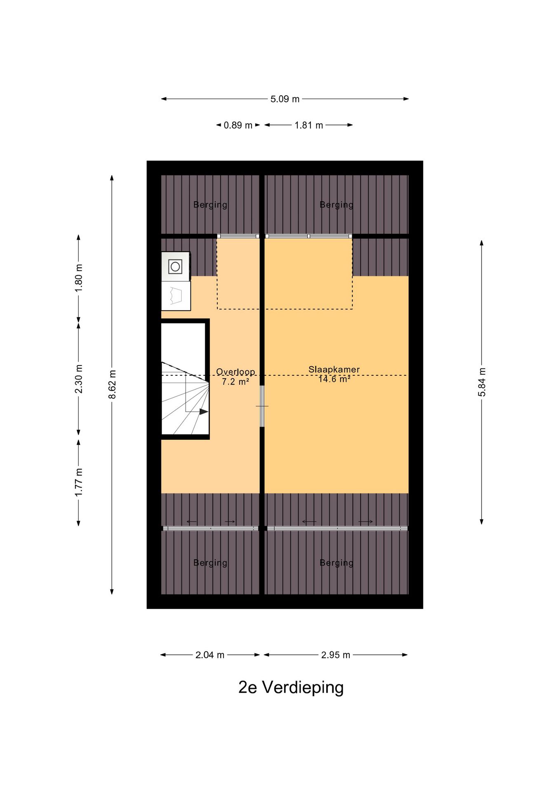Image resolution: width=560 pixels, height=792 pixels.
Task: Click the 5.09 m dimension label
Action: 285,99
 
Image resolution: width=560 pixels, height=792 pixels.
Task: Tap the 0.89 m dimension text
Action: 238,125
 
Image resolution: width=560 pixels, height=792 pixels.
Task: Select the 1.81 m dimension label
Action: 308,125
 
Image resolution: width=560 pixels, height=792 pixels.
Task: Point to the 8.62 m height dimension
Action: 112,384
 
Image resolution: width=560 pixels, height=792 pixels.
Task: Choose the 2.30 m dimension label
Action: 79,379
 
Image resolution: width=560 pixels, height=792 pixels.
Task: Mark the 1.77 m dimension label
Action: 79,483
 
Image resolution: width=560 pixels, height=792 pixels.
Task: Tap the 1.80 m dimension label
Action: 79,278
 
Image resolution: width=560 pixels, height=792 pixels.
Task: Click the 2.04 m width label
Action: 210,655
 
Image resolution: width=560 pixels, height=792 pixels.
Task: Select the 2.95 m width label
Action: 336,655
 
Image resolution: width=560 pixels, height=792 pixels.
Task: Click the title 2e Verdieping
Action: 291,688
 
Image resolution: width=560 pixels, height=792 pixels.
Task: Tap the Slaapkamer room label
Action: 334,370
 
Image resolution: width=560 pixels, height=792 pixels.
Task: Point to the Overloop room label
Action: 235,372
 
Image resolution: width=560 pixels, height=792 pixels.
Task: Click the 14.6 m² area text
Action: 334,379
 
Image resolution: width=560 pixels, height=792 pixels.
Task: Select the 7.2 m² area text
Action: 235,382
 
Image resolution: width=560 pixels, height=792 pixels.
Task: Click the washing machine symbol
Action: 175,266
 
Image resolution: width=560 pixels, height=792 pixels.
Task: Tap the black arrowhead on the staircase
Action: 204,412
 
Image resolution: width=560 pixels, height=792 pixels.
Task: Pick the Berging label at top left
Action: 210,205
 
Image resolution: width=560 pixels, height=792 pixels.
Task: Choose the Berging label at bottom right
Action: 336,563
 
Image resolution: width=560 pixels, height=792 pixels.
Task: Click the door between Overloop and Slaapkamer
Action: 262,406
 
